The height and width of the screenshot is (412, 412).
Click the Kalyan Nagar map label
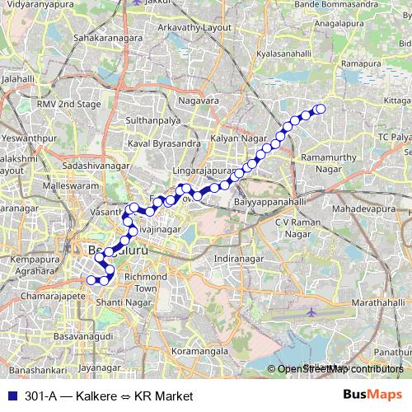[x=234, y=139]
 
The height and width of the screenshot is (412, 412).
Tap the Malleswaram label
[x=52, y=187]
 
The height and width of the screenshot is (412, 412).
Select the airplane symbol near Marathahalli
[x=311, y=313]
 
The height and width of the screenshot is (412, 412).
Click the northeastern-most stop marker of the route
[x=321, y=109]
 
